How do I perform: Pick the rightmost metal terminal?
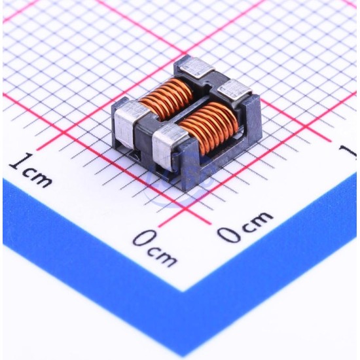(234, 90)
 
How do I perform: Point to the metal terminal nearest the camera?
(169, 145)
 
